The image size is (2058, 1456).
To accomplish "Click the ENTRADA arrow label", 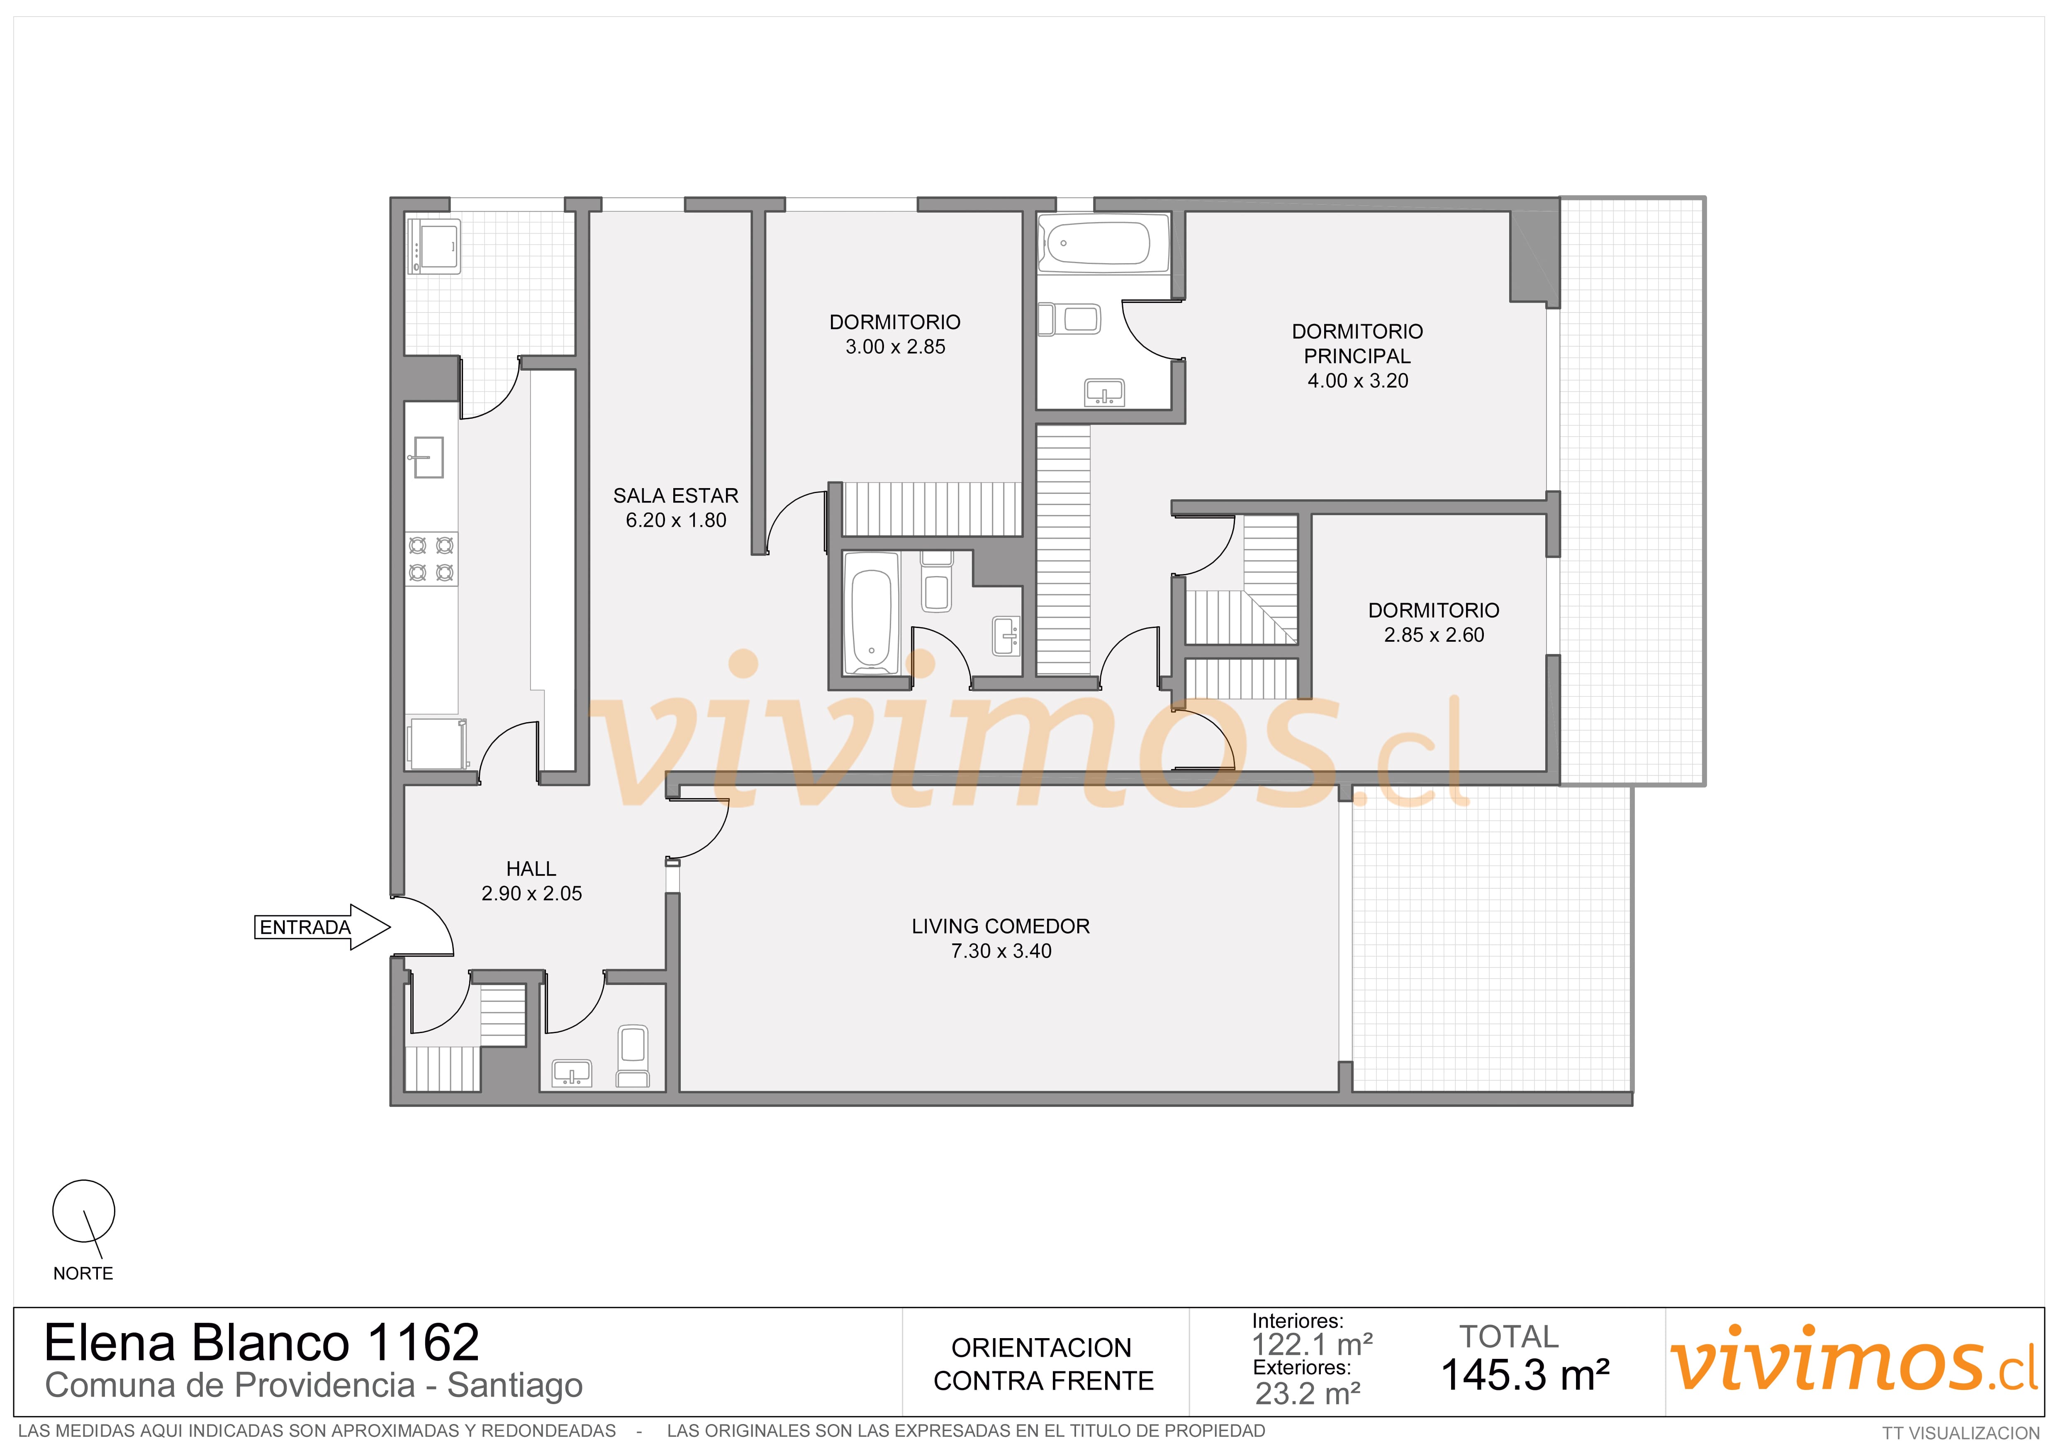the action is pyautogui.click(x=305, y=927).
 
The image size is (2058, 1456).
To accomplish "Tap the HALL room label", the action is pyautogui.click(x=531, y=869).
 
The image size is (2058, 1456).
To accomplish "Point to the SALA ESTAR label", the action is pyautogui.click(x=676, y=496).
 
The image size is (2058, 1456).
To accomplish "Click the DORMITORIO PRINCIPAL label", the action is pyautogui.click(x=1357, y=343).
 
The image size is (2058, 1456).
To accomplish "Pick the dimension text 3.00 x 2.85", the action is pyautogui.click(x=896, y=347).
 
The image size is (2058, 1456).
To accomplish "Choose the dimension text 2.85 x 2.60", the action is pyautogui.click(x=1434, y=635).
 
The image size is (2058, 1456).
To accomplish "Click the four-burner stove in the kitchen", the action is pyautogui.click(x=431, y=559).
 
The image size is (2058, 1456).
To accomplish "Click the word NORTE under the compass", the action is pyautogui.click(x=83, y=1273).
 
